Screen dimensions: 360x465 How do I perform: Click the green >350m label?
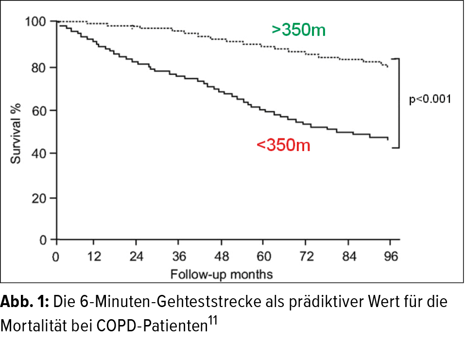(298, 30)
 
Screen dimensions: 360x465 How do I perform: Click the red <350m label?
(283, 145)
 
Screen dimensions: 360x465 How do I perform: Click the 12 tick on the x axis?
(95, 256)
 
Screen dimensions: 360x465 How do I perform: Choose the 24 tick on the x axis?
(137, 256)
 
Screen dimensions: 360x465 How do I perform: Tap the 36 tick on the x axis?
(179, 256)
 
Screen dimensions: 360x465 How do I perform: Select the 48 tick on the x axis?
(221, 256)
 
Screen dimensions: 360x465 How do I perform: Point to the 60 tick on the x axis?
(263, 256)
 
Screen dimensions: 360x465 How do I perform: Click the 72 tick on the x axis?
(306, 256)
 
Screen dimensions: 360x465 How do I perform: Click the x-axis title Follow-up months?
(221, 274)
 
